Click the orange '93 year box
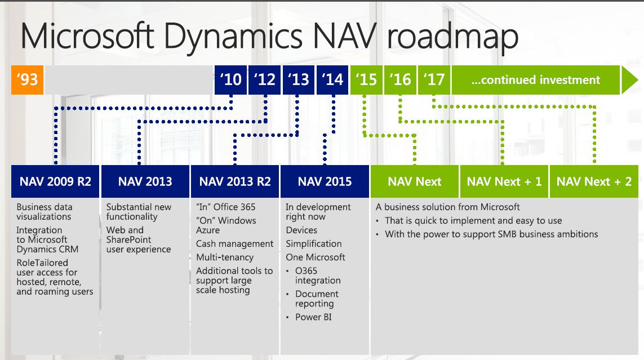point(27,80)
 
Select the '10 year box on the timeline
point(230,80)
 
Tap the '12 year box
point(264,80)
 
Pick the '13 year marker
point(299,80)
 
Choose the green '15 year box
point(366,80)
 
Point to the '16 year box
point(400,80)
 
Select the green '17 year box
point(434,80)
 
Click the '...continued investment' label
point(536,80)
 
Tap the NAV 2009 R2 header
point(55,181)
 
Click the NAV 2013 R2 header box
point(235,181)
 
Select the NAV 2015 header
point(325,181)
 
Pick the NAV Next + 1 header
point(504,181)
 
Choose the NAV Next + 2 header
point(594,181)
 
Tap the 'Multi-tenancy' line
point(225,257)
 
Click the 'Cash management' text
point(234,244)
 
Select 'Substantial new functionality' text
point(139,212)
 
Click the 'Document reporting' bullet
point(317,299)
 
